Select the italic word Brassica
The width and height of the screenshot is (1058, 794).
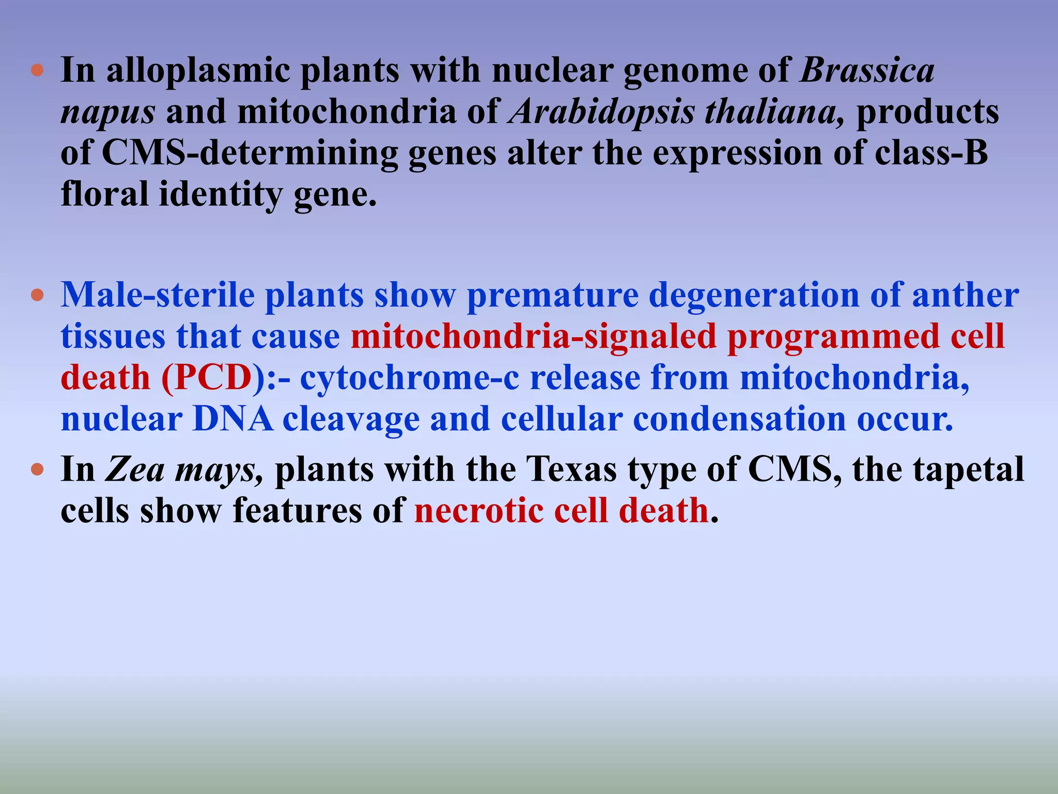click(x=867, y=71)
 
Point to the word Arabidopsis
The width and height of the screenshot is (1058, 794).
click(x=601, y=112)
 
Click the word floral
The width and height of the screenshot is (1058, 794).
click(x=105, y=194)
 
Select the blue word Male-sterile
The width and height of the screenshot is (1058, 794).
click(x=158, y=295)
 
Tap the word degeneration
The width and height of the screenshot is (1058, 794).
click(x=754, y=296)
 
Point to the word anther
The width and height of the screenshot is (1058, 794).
click(x=966, y=295)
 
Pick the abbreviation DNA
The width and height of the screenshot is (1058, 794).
click(x=232, y=419)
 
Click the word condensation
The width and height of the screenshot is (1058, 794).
click(x=740, y=419)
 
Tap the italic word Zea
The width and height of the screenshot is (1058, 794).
click(x=135, y=470)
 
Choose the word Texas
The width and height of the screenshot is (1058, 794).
click(x=572, y=470)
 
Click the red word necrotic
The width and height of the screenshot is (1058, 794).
click(x=478, y=511)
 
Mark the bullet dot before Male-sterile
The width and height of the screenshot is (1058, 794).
click(x=37, y=296)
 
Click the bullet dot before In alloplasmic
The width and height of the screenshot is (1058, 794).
click(x=37, y=70)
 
